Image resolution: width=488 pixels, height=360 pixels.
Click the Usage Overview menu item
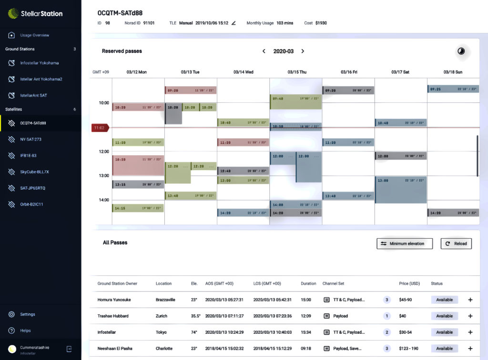(34, 35)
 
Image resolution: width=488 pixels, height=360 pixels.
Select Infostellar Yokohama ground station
(39, 63)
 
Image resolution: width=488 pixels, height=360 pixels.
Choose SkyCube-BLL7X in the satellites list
(34, 172)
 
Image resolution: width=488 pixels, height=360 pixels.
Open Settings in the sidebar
(27, 314)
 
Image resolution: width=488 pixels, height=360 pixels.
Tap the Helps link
(25, 330)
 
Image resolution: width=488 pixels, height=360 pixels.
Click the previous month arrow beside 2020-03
(264, 51)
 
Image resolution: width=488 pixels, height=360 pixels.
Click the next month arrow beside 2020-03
(303, 51)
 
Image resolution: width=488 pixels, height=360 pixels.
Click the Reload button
(456, 244)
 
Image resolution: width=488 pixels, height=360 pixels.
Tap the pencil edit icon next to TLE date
(234, 23)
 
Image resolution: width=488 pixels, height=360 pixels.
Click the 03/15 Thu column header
(297, 72)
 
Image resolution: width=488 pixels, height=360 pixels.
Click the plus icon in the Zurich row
(470, 316)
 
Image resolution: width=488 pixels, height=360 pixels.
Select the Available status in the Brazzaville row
(444, 300)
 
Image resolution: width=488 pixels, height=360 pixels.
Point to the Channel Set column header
(333, 284)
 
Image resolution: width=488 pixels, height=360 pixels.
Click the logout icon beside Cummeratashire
(69, 349)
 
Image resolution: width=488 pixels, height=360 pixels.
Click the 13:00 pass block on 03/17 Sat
(401, 190)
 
